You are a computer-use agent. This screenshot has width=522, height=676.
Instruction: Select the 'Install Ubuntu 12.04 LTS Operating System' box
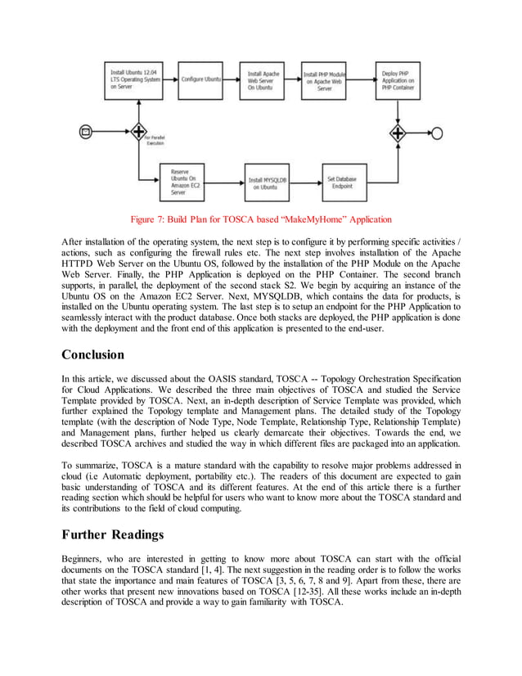click(134, 79)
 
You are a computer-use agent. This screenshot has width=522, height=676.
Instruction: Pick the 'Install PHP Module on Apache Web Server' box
click(332, 79)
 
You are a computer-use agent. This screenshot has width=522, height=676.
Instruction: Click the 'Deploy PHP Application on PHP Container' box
click(398, 79)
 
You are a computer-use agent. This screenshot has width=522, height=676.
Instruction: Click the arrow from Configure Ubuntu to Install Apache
click(232, 79)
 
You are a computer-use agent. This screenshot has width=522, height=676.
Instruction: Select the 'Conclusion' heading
click(93, 354)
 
